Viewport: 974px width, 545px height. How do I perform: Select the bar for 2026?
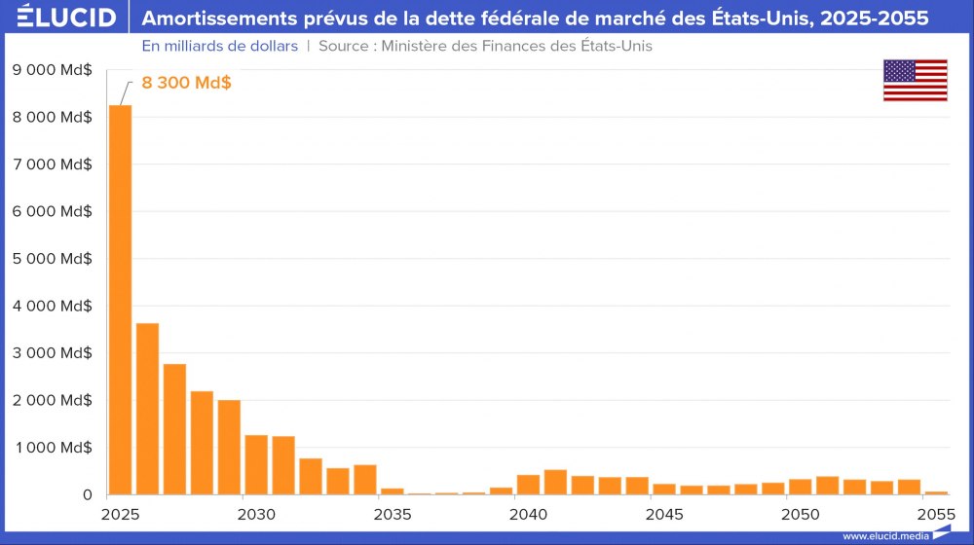147,409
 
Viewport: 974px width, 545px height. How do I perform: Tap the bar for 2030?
256,464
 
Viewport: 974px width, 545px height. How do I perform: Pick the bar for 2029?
229,447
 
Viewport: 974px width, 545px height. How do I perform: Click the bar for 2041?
555,482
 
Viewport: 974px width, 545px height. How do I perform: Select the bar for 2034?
365,479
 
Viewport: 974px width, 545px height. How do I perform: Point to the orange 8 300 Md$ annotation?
186,83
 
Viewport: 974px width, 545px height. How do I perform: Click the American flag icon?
915,80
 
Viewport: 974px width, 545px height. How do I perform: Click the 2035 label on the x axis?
392,513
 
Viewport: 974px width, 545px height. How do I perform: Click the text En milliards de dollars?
219,46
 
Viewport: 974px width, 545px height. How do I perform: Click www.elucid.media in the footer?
885,535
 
